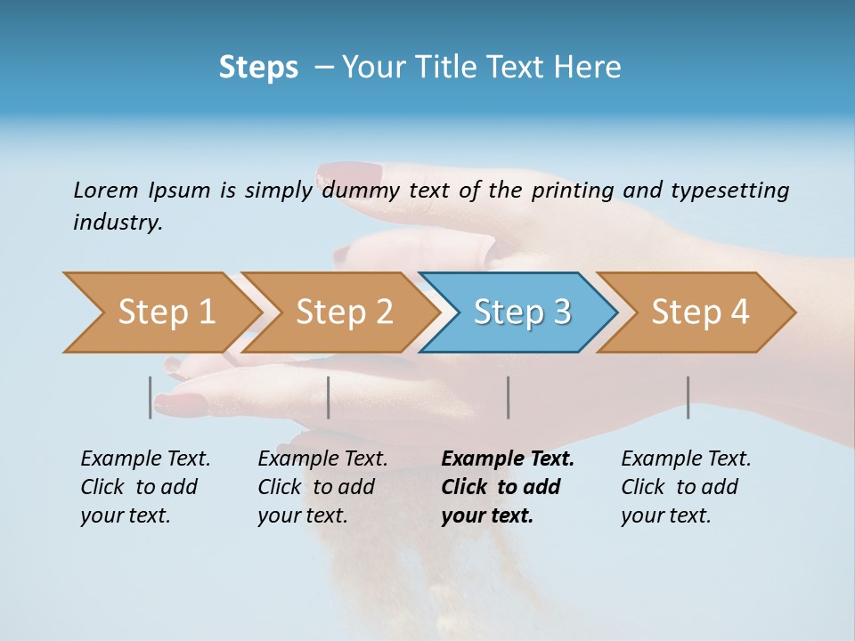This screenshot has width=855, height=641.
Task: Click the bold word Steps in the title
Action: tap(258, 68)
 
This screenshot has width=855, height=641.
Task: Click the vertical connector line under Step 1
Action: tap(151, 397)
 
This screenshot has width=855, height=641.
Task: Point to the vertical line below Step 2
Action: tap(329, 397)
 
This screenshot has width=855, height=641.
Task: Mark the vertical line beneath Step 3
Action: tap(508, 397)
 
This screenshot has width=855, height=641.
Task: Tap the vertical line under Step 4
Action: tap(688, 397)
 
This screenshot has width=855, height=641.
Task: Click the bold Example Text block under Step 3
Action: tap(508, 487)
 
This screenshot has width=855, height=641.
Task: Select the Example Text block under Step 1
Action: tap(145, 487)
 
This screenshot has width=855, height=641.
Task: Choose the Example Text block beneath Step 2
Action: tap(322, 487)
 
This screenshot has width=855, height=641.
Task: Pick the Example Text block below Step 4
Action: tap(686, 487)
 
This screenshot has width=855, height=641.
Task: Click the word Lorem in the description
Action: tap(106, 191)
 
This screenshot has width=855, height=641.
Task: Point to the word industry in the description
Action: tap(118, 223)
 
